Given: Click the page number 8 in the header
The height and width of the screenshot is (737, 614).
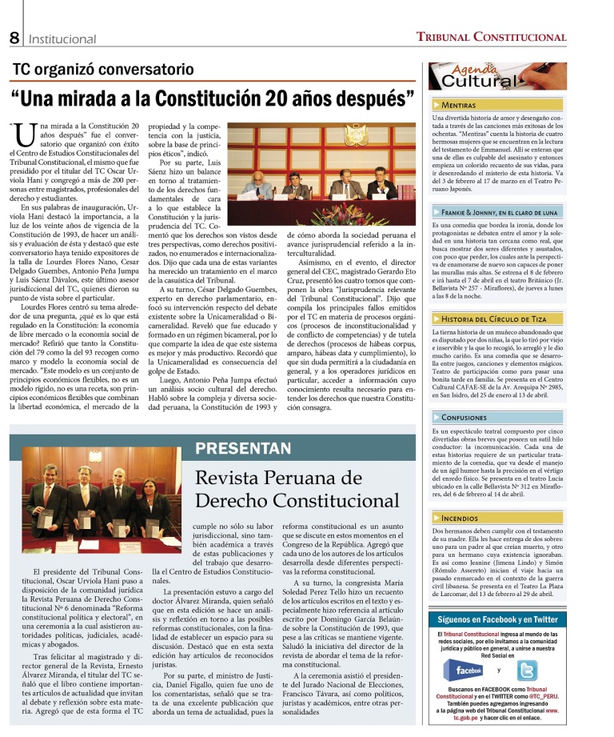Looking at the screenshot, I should (14, 38).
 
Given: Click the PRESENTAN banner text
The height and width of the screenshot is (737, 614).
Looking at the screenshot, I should (244, 448).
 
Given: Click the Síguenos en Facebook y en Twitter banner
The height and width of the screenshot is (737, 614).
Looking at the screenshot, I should (497, 597).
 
